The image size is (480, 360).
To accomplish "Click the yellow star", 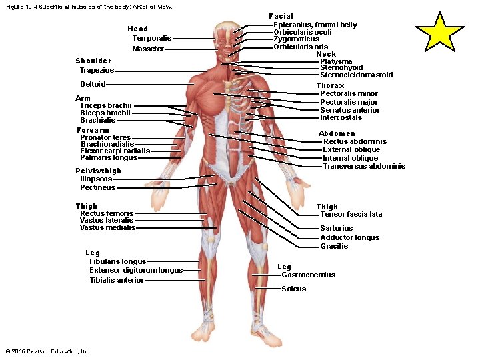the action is pos(440,32).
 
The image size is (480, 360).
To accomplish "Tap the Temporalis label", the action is pos(151,38).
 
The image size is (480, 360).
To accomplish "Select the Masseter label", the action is pos(147,49).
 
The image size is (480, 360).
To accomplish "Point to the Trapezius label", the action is pos(97,70).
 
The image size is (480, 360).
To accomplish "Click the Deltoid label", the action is pos(93,84).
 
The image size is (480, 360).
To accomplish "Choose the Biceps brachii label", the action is pos(105,113).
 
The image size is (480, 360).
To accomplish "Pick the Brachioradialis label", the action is pos(107,144).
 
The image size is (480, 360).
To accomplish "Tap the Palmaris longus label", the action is pos(109,157).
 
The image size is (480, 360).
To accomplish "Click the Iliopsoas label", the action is pos(96,179).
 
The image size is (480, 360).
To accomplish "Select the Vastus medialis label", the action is pos(107,227).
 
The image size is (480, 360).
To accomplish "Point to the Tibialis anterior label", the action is pos(117,280).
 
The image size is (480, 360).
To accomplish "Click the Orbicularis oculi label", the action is pos(303,32).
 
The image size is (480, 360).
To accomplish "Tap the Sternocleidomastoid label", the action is pos(356,75).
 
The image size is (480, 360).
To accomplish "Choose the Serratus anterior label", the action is pos(349,110).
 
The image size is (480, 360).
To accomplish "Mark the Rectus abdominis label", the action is pos(355,141).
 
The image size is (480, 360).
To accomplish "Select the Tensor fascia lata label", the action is pos(351,214).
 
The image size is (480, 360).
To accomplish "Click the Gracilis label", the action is pos(334,246).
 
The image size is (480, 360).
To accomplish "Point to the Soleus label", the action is pos(293,289).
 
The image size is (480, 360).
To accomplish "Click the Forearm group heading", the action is pos(93,130).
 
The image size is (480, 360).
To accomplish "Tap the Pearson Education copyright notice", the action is pos(47,351).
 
